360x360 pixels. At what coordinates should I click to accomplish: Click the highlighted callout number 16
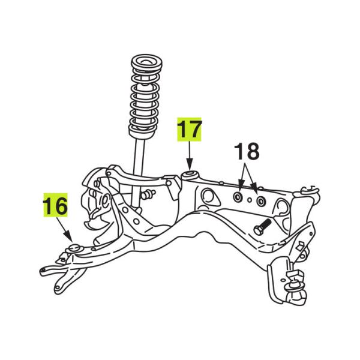click(x=55, y=206)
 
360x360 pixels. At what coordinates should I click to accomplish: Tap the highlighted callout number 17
click(x=190, y=130)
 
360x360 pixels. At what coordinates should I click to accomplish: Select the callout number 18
click(x=247, y=151)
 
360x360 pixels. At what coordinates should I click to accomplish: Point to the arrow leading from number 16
click(x=65, y=230)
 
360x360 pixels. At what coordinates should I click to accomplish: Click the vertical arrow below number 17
click(x=190, y=155)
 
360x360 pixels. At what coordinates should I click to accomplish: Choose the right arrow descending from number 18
click(x=251, y=176)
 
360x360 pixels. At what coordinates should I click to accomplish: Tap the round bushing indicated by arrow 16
click(x=74, y=248)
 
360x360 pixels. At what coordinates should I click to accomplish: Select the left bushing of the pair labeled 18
click(x=238, y=197)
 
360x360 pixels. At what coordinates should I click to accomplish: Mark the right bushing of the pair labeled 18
click(x=260, y=202)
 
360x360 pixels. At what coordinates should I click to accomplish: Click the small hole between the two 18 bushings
click(x=250, y=200)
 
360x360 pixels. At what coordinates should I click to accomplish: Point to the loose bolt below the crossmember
click(x=262, y=226)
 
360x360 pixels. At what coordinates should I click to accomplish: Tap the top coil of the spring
click(x=147, y=62)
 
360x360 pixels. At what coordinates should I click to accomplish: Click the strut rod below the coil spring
click(x=139, y=173)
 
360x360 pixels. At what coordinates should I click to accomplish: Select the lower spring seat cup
click(x=140, y=133)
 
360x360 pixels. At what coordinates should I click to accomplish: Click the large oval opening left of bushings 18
click(x=210, y=198)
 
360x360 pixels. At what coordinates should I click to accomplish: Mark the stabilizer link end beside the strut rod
click(x=148, y=194)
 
